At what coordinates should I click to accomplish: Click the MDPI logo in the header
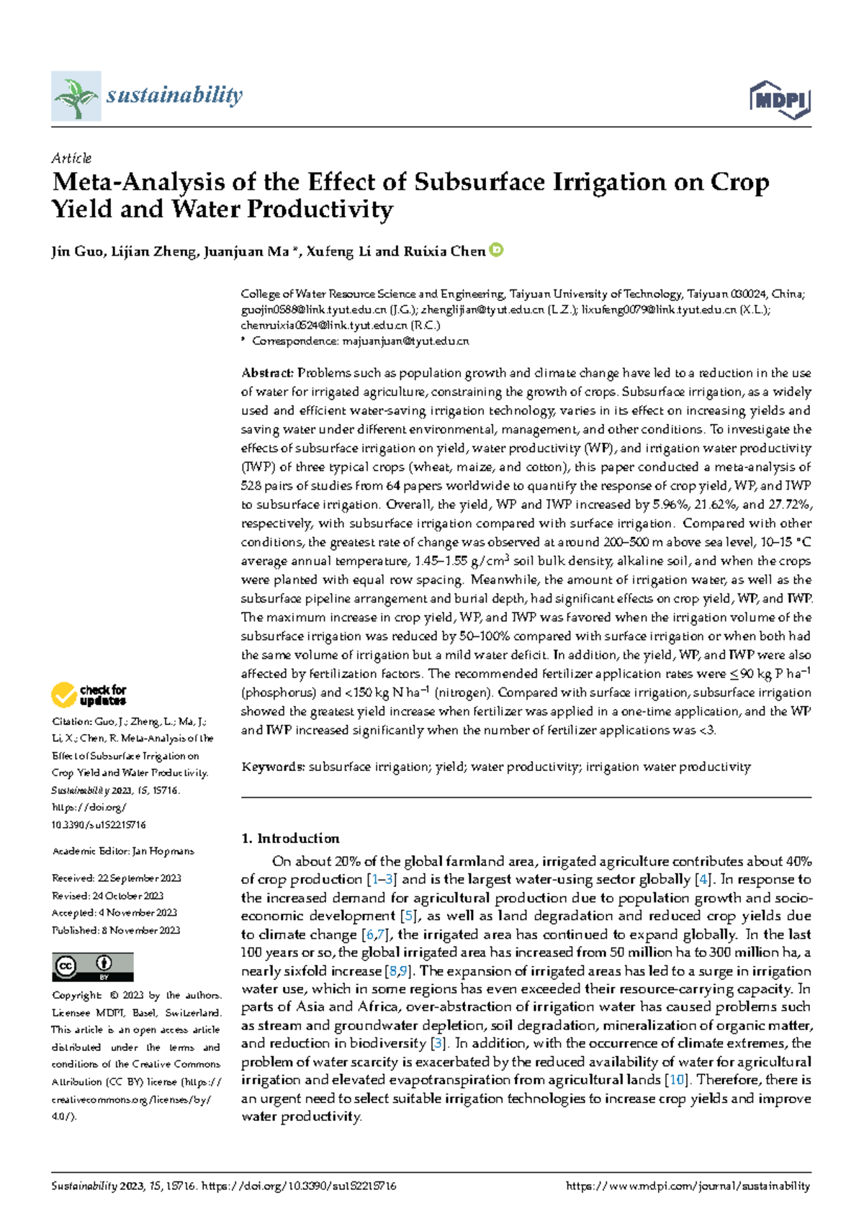coord(780,99)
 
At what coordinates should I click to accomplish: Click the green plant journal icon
coord(76,96)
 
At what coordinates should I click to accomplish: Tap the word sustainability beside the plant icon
coord(174,95)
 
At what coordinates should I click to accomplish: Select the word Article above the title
coord(71,158)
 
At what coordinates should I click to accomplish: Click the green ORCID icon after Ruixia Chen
coord(496,251)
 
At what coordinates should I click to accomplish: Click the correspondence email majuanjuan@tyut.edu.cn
coord(405,341)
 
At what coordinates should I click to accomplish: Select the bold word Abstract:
coord(267,373)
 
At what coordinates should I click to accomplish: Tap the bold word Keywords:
coord(274,767)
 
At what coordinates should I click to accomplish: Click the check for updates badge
coord(89,695)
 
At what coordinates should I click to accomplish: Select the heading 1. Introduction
coord(290,838)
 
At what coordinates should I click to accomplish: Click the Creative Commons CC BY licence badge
coord(92,967)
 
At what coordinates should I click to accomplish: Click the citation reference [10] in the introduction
coord(678,1080)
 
